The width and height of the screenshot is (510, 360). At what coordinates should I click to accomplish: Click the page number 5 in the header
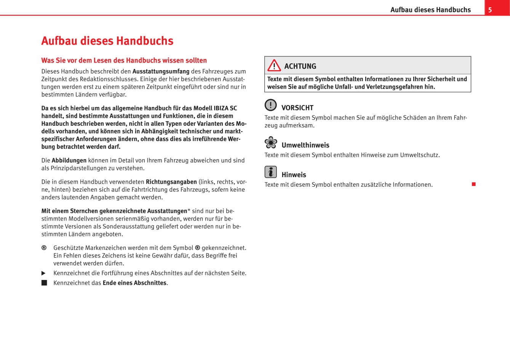point(490,10)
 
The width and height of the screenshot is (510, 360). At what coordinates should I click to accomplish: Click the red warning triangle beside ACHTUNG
point(274,66)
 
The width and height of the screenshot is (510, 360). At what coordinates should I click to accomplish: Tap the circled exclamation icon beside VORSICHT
point(270,105)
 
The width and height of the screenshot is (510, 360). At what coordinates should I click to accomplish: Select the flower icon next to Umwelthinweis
point(271,142)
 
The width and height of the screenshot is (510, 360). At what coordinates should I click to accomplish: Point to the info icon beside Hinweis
point(270,172)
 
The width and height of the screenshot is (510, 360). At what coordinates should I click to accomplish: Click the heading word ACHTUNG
point(300,66)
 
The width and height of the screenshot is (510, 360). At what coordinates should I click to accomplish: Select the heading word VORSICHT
point(297,108)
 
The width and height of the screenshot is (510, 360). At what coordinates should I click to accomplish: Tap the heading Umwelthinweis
point(305,145)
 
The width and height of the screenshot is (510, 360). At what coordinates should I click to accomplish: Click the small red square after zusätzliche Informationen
point(473,184)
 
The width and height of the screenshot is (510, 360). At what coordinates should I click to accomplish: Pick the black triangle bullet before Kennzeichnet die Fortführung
point(44,273)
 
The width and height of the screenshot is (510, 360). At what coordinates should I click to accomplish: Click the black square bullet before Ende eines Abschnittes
point(44,283)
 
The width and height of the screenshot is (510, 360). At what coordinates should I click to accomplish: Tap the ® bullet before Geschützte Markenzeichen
point(44,248)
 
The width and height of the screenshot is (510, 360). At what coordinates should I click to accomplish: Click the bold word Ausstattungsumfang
point(161,71)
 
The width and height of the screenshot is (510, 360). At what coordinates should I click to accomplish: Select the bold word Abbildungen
point(69,160)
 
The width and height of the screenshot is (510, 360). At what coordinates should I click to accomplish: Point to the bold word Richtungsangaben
point(171,182)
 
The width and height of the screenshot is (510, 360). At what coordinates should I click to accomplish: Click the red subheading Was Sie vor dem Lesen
point(124,60)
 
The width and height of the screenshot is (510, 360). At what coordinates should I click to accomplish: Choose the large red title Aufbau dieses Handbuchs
point(107,41)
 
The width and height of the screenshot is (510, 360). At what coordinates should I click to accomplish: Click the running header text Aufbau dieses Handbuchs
point(430,10)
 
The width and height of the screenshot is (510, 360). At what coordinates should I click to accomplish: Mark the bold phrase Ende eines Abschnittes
point(134,283)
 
